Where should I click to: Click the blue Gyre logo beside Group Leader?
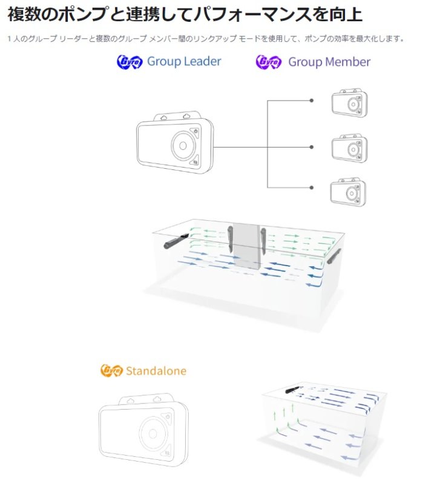pyautogui.click(x=130, y=62)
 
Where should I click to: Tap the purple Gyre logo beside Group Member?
pyautogui.click(x=269, y=62)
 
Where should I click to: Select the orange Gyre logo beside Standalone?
pyautogui.click(x=111, y=370)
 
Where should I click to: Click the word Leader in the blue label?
pyautogui.click(x=202, y=61)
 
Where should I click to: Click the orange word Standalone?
pyautogui.click(x=156, y=371)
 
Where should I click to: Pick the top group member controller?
pyautogui.click(x=350, y=103)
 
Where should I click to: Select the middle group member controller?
pyautogui.click(x=350, y=148)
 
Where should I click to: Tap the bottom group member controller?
pyautogui.click(x=349, y=192)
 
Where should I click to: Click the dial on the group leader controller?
pyautogui.click(x=183, y=146)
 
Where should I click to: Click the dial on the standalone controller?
pyautogui.click(x=153, y=433)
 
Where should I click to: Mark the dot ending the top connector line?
pyautogui.click(x=312, y=100)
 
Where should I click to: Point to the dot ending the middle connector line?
pyautogui.click(x=312, y=147)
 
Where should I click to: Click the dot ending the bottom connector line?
pyautogui.click(x=312, y=188)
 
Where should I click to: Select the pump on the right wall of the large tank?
pyautogui.click(x=334, y=256)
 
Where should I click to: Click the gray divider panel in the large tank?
pyautogui.click(x=246, y=246)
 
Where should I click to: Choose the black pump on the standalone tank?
pyautogui.click(x=292, y=390)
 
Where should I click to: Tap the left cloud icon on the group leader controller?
pyautogui.click(x=163, y=117)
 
